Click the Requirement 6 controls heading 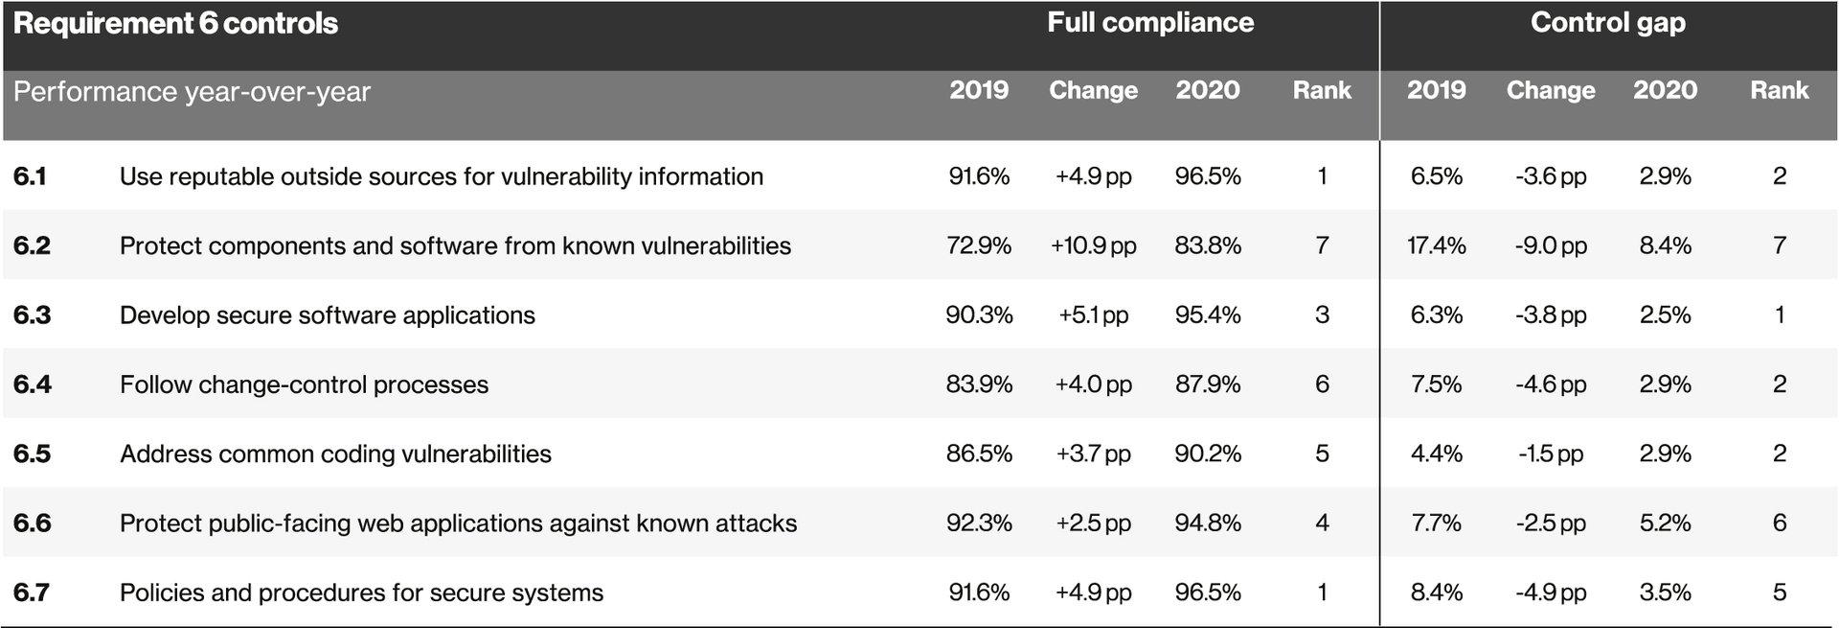point(175,24)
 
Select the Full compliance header point(1149,23)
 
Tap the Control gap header point(1607,23)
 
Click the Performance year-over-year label point(192,92)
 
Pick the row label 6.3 point(32,315)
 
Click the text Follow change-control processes point(304,384)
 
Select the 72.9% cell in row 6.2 point(978,245)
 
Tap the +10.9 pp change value point(1093,245)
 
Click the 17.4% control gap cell point(1436,245)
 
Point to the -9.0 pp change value point(1550,245)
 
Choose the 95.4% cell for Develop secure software point(1207,315)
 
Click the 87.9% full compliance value point(1207,384)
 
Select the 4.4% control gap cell point(1436,454)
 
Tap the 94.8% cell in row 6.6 point(1207,523)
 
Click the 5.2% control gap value point(1665,523)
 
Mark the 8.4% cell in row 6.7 point(1436,593)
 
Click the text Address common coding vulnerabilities point(335,454)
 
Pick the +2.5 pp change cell point(1093,523)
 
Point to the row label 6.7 point(32,593)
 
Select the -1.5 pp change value point(1550,454)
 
